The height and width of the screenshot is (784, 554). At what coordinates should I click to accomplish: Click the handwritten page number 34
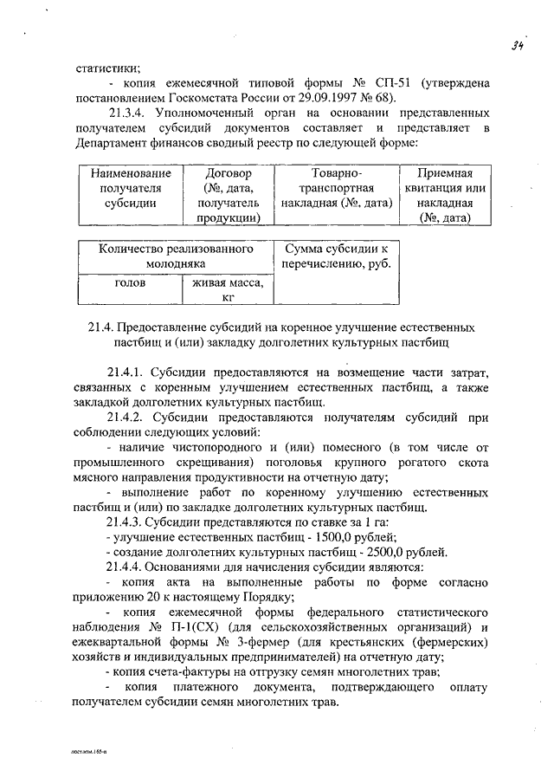519,46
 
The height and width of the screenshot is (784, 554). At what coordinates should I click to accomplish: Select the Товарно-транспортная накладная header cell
338,188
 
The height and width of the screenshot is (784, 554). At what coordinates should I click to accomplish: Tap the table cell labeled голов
129,282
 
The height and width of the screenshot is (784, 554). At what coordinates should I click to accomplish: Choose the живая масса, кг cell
229,290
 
